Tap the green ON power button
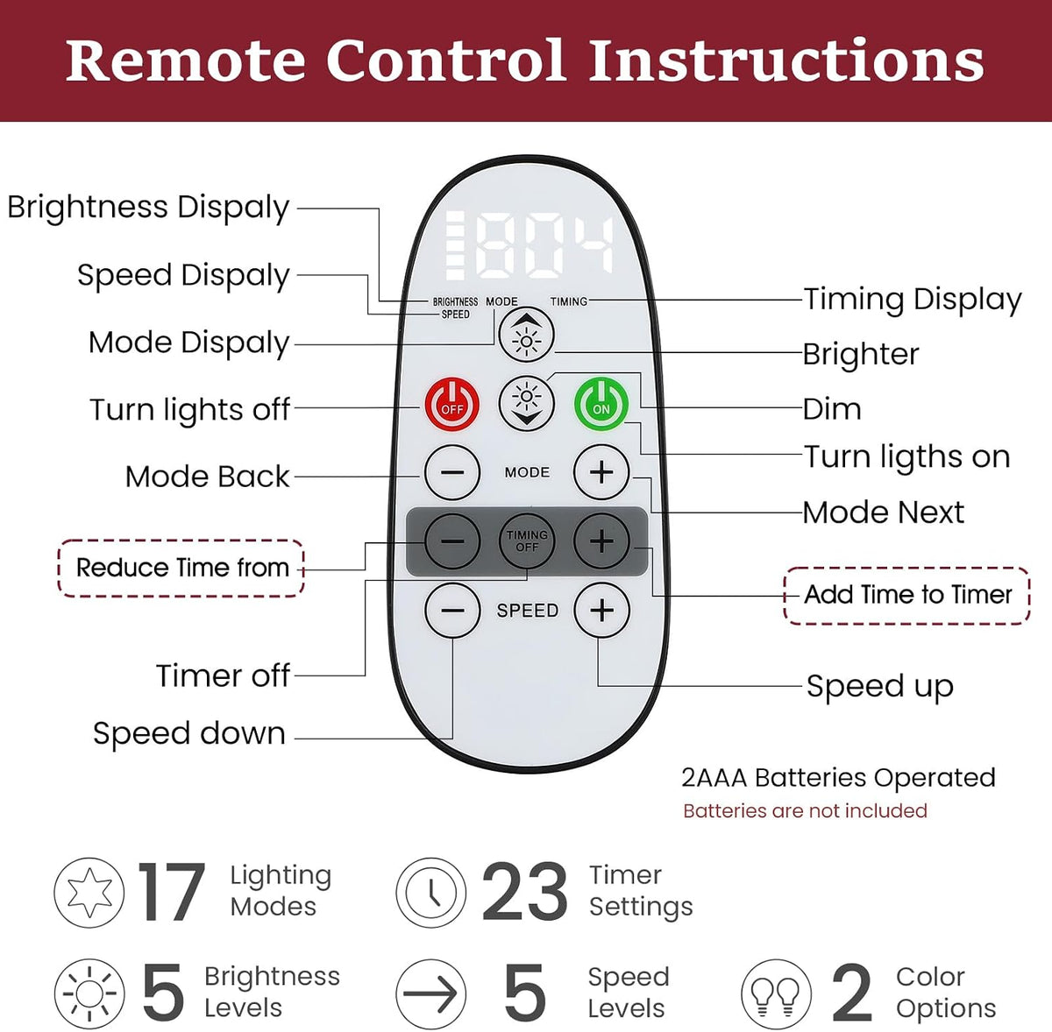[601, 404]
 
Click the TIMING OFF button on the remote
[527, 541]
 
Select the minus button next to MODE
[452, 472]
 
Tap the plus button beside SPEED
[601, 610]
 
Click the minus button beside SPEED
[452, 610]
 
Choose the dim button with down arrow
[526, 404]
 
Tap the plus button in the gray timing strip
[601, 541]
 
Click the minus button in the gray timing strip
[452, 541]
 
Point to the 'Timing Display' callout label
[913, 300]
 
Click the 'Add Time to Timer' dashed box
[906, 596]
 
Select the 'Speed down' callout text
[188, 733]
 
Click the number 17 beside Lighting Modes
[172, 893]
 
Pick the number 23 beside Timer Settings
[524, 893]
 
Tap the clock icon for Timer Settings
[431, 893]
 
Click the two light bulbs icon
[776, 993]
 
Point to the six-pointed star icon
[89, 893]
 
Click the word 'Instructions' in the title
[786, 60]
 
